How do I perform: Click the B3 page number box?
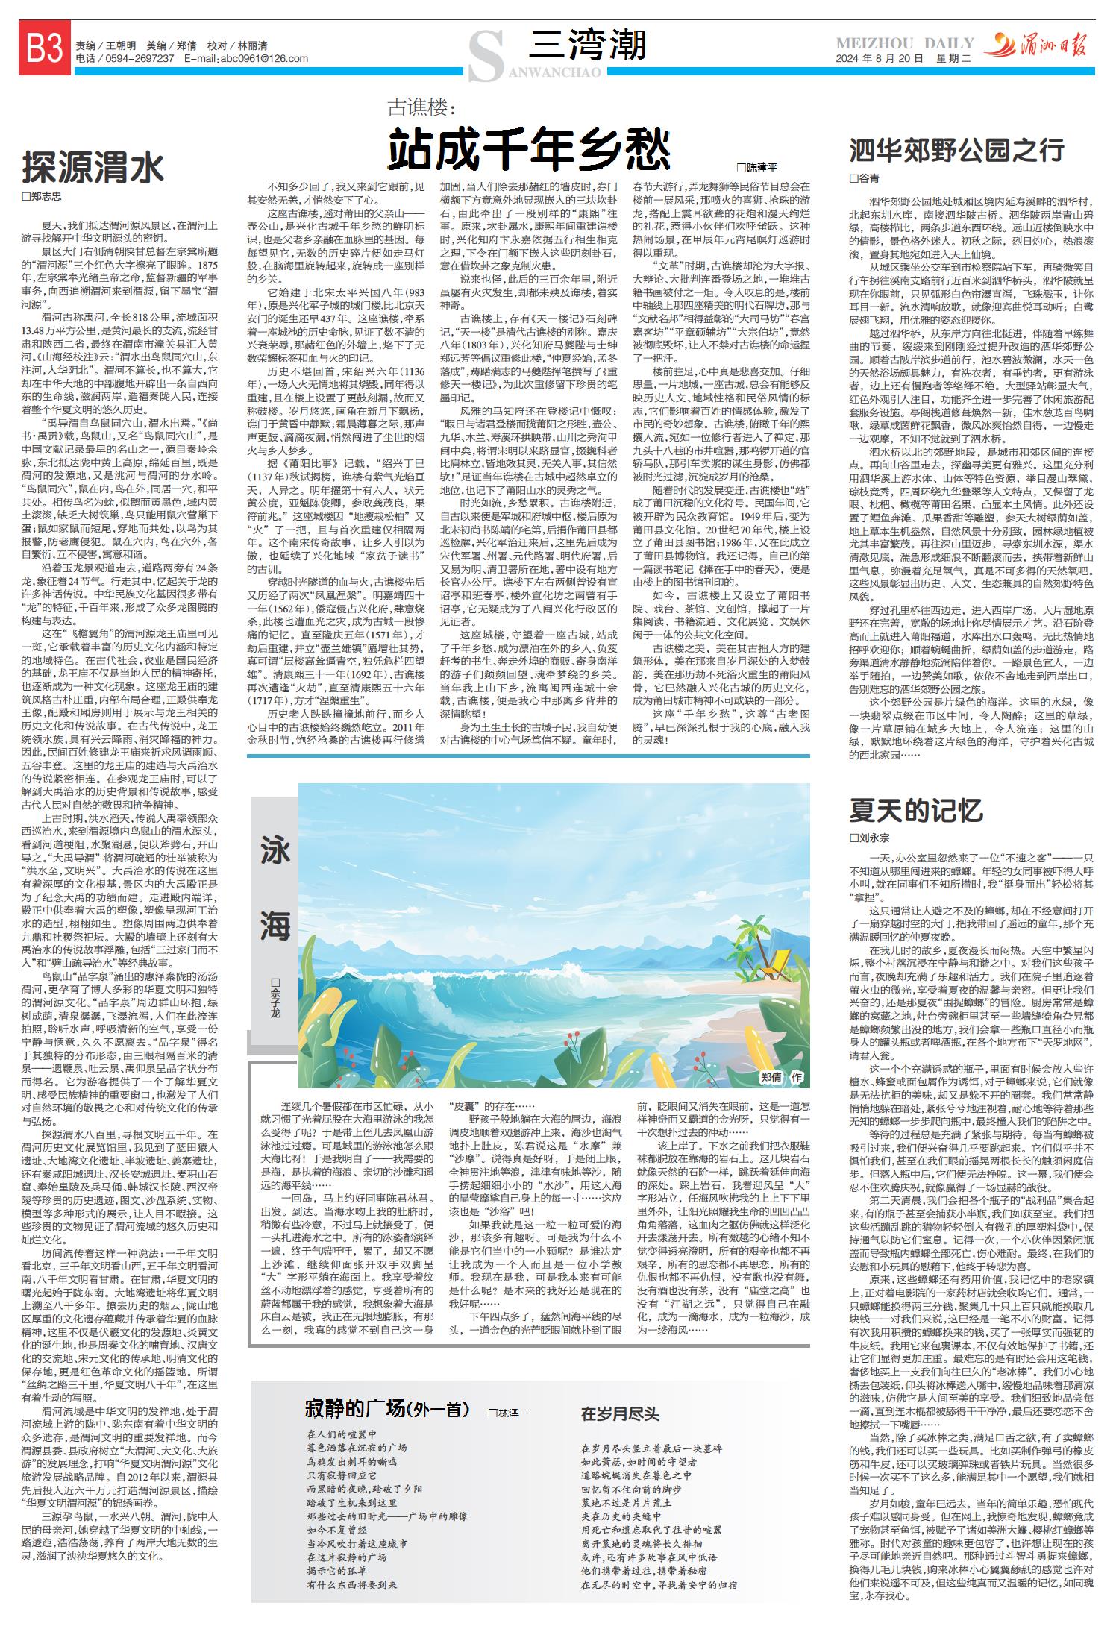(45, 50)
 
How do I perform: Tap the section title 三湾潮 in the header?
(586, 45)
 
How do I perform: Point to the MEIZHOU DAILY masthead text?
(904, 43)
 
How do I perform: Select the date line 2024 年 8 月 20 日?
(880, 59)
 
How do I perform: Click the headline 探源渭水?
(93, 167)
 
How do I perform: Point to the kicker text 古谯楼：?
(421, 107)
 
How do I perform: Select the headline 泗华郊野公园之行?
(956, 150)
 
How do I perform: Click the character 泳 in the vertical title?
(275, 851)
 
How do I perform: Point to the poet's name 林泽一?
(512, 1413)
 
